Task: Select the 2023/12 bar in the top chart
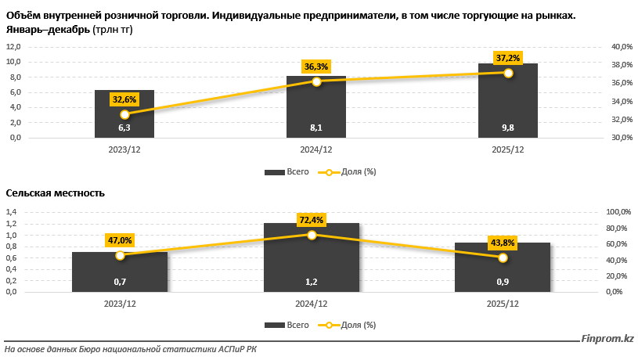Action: (124, 113)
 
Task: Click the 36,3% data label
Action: (316, 67)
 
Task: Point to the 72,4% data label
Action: (312, 220)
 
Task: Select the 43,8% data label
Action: (503, 243)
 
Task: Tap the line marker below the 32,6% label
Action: (124, 114)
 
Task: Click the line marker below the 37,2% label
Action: (508, 73)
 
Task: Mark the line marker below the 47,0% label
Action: (120, 255)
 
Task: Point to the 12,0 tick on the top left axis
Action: (13, 46)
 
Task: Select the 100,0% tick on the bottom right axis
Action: (618, 212)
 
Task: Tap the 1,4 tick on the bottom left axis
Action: (12, 212)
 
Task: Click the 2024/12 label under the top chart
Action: (316, 149)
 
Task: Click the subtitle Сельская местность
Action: (55, 193)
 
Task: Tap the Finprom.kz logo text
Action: (607, 339)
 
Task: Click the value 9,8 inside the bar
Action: (508, 128)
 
